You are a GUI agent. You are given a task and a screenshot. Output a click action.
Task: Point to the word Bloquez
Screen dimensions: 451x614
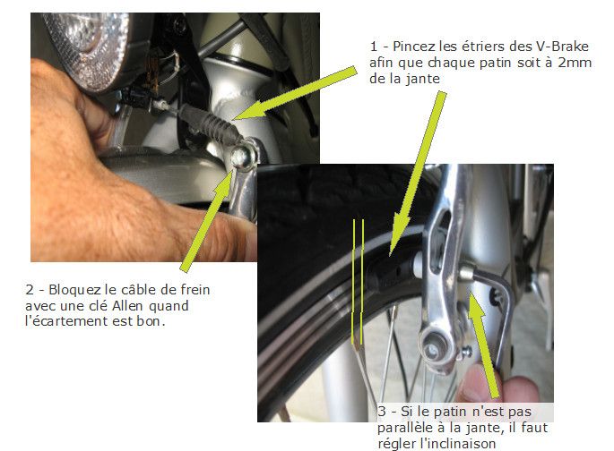[72, 291]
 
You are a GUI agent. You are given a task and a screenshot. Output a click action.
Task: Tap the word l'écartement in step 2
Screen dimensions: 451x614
[65, 323]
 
